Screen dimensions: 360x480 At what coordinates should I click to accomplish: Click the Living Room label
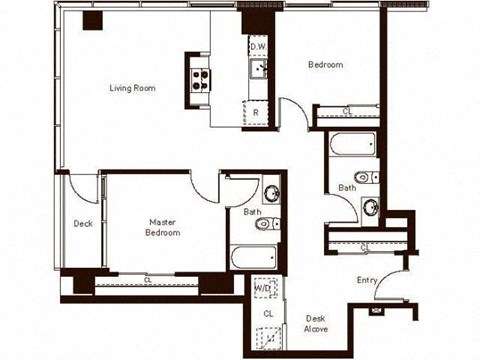(x=132, y=88)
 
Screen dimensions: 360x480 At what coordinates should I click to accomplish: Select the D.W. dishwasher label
(x=257, y=47)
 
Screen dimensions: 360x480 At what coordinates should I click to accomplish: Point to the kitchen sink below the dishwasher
(x=257, y=69)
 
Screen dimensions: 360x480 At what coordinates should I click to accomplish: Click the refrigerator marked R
(x=256, y=112)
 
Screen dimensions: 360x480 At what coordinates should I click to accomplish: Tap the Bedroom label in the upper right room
(x=325, y=65)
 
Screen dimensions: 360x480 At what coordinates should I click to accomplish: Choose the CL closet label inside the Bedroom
(x=346, y=111)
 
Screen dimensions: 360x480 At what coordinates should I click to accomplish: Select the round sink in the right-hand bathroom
(x=370, y=207)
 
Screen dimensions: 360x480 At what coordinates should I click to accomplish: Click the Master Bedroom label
(x=164, y=227)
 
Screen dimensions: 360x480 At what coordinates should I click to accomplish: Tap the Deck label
(x=82, y=224)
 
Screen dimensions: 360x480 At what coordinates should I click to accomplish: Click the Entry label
(x=367, y=281)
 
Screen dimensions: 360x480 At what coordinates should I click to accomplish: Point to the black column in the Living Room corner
(x=92, y=22)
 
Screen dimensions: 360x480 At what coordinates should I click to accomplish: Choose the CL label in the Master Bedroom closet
(x=148, y=281)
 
